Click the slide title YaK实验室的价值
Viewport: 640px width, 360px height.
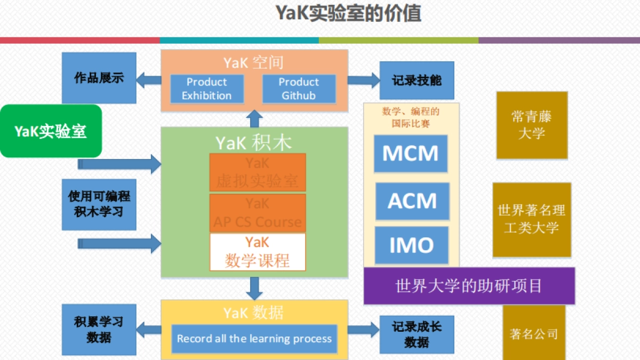tap(348, 13)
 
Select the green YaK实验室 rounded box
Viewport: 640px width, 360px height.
tap(51, 131)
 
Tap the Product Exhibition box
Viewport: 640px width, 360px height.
tap(207, 89)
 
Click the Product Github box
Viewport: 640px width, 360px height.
tap(299, 89)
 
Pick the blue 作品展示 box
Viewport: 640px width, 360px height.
tap(99, 78)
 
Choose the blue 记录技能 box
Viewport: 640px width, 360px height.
tap(417, 81)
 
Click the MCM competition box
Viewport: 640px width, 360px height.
tap(410, 154)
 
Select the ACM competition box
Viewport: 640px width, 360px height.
tap(412, 201)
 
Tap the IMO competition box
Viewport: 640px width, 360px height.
tap(411, 245)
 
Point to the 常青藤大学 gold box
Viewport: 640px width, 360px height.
tap(532, 125)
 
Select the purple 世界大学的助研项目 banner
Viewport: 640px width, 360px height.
tap(469, 286)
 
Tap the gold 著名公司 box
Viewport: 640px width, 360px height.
tap(533, 334)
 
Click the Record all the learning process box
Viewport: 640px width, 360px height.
tap(254, 339)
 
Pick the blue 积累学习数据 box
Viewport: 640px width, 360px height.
tap(99, 330)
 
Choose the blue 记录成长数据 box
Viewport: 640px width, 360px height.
tap(417, 334)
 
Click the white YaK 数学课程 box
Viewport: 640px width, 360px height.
tap(258, 252)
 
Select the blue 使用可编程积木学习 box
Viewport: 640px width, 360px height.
tap(99, 204)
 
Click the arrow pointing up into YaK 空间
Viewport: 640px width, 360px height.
tap(255, 118)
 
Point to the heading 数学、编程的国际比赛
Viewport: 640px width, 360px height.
tap(411, 117)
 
